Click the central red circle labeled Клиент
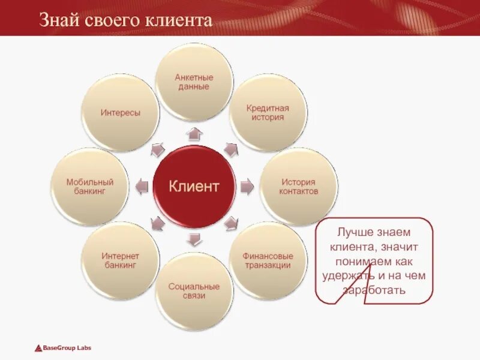(193, 186)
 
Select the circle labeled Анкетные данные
(194, 82)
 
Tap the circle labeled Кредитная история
(268, 113)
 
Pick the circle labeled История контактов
(298, 187)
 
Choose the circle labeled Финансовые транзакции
(268, 260)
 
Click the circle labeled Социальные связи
(194, 291)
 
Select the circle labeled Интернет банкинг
(120, 260)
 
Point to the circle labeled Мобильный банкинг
(89, 187)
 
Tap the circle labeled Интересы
(120, 113)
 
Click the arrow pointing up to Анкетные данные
(193, 133)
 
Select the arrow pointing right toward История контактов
(247, 187)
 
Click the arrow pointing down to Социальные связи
(193, 239)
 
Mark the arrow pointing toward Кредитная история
(231, 149)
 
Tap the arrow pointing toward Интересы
(157, 149)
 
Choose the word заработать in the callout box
(374, 290)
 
